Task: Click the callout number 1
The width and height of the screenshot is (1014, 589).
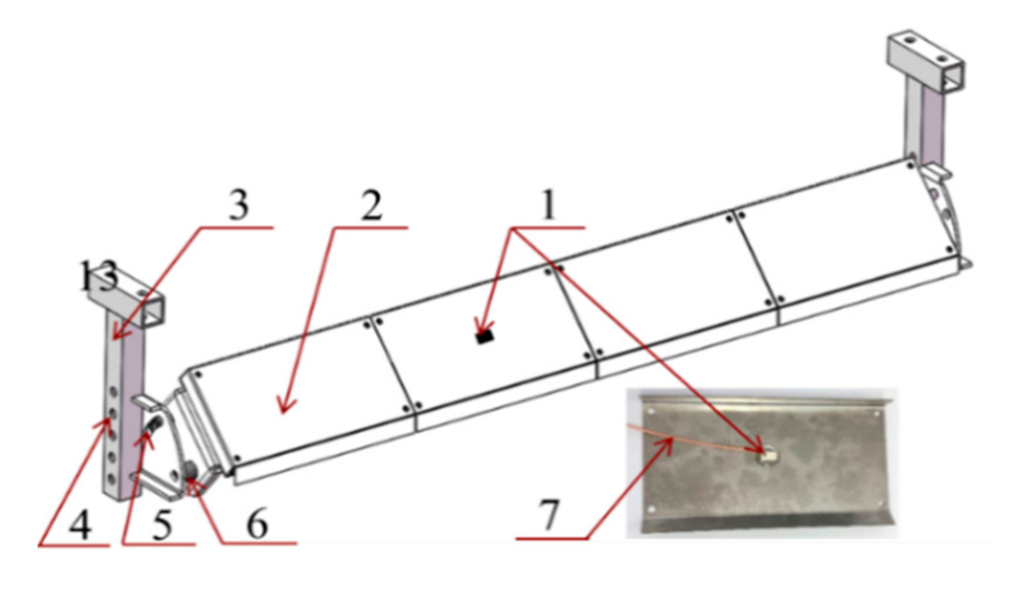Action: coord(548,205)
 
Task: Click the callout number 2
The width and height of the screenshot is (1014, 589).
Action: coord(371,206)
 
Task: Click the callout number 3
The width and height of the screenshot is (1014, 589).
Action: coord(238,206)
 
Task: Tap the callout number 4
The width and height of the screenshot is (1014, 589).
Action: coord(81,525)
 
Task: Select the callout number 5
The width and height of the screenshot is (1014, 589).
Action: coord(162,525)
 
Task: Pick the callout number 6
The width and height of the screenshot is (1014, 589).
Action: coord(257,524)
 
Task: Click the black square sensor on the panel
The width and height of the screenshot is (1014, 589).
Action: coord(484,337)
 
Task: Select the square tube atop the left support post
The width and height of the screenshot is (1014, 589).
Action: coord(126,299)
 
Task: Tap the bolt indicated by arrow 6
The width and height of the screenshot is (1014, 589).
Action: coord(190,470)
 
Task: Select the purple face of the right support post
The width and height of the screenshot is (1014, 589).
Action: coord(934,126)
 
